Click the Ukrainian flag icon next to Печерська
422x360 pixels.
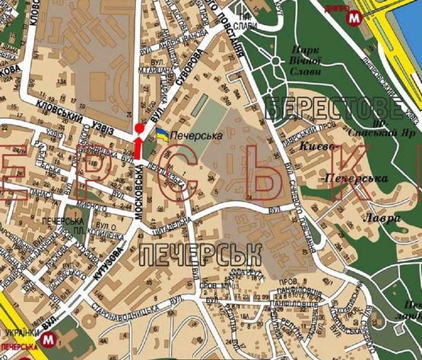[163, 135]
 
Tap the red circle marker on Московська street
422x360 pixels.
[138, 129]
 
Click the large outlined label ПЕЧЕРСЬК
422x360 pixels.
[186, 252]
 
